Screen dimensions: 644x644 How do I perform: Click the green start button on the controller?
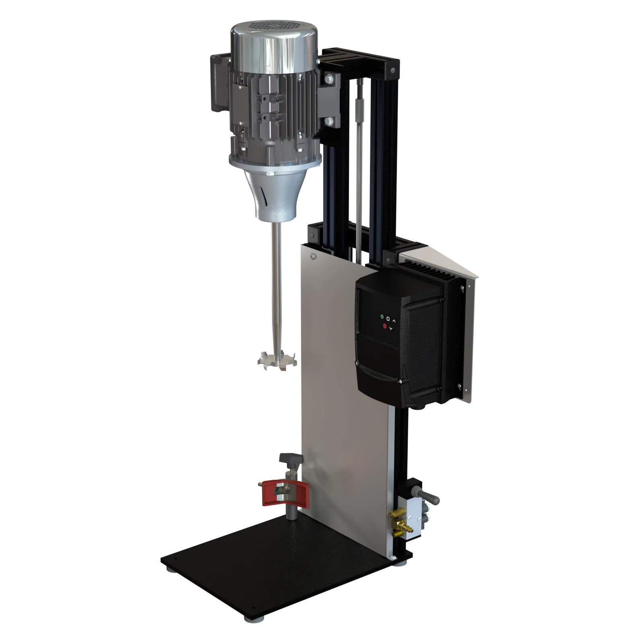[x=382, y=317]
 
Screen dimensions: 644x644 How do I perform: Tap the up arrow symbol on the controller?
[x=394, y=320]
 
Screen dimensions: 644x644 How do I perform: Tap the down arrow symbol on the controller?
[x=391, y=329]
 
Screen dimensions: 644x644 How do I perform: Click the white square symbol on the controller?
[x=388, y=319]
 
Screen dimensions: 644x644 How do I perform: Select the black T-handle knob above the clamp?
[x=291, y=459]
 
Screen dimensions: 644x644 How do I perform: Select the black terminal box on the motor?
[x=219, y=83]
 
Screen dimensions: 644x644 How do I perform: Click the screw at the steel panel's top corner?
[x=313, y=256]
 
